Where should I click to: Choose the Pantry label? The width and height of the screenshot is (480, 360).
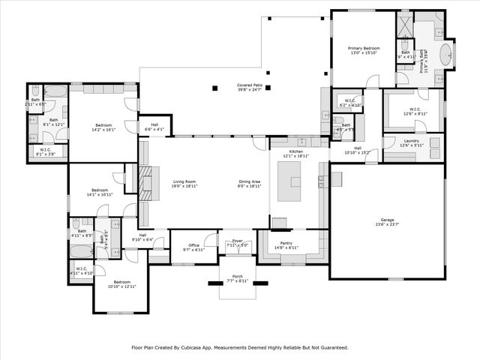click(286, 244)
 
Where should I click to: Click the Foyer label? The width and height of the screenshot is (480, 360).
click(238, 241)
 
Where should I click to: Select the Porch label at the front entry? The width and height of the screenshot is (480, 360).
click(237, 277)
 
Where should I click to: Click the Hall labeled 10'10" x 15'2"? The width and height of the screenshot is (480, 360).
click(358, 150)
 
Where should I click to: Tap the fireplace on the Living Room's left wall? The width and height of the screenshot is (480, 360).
click(145, 181)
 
